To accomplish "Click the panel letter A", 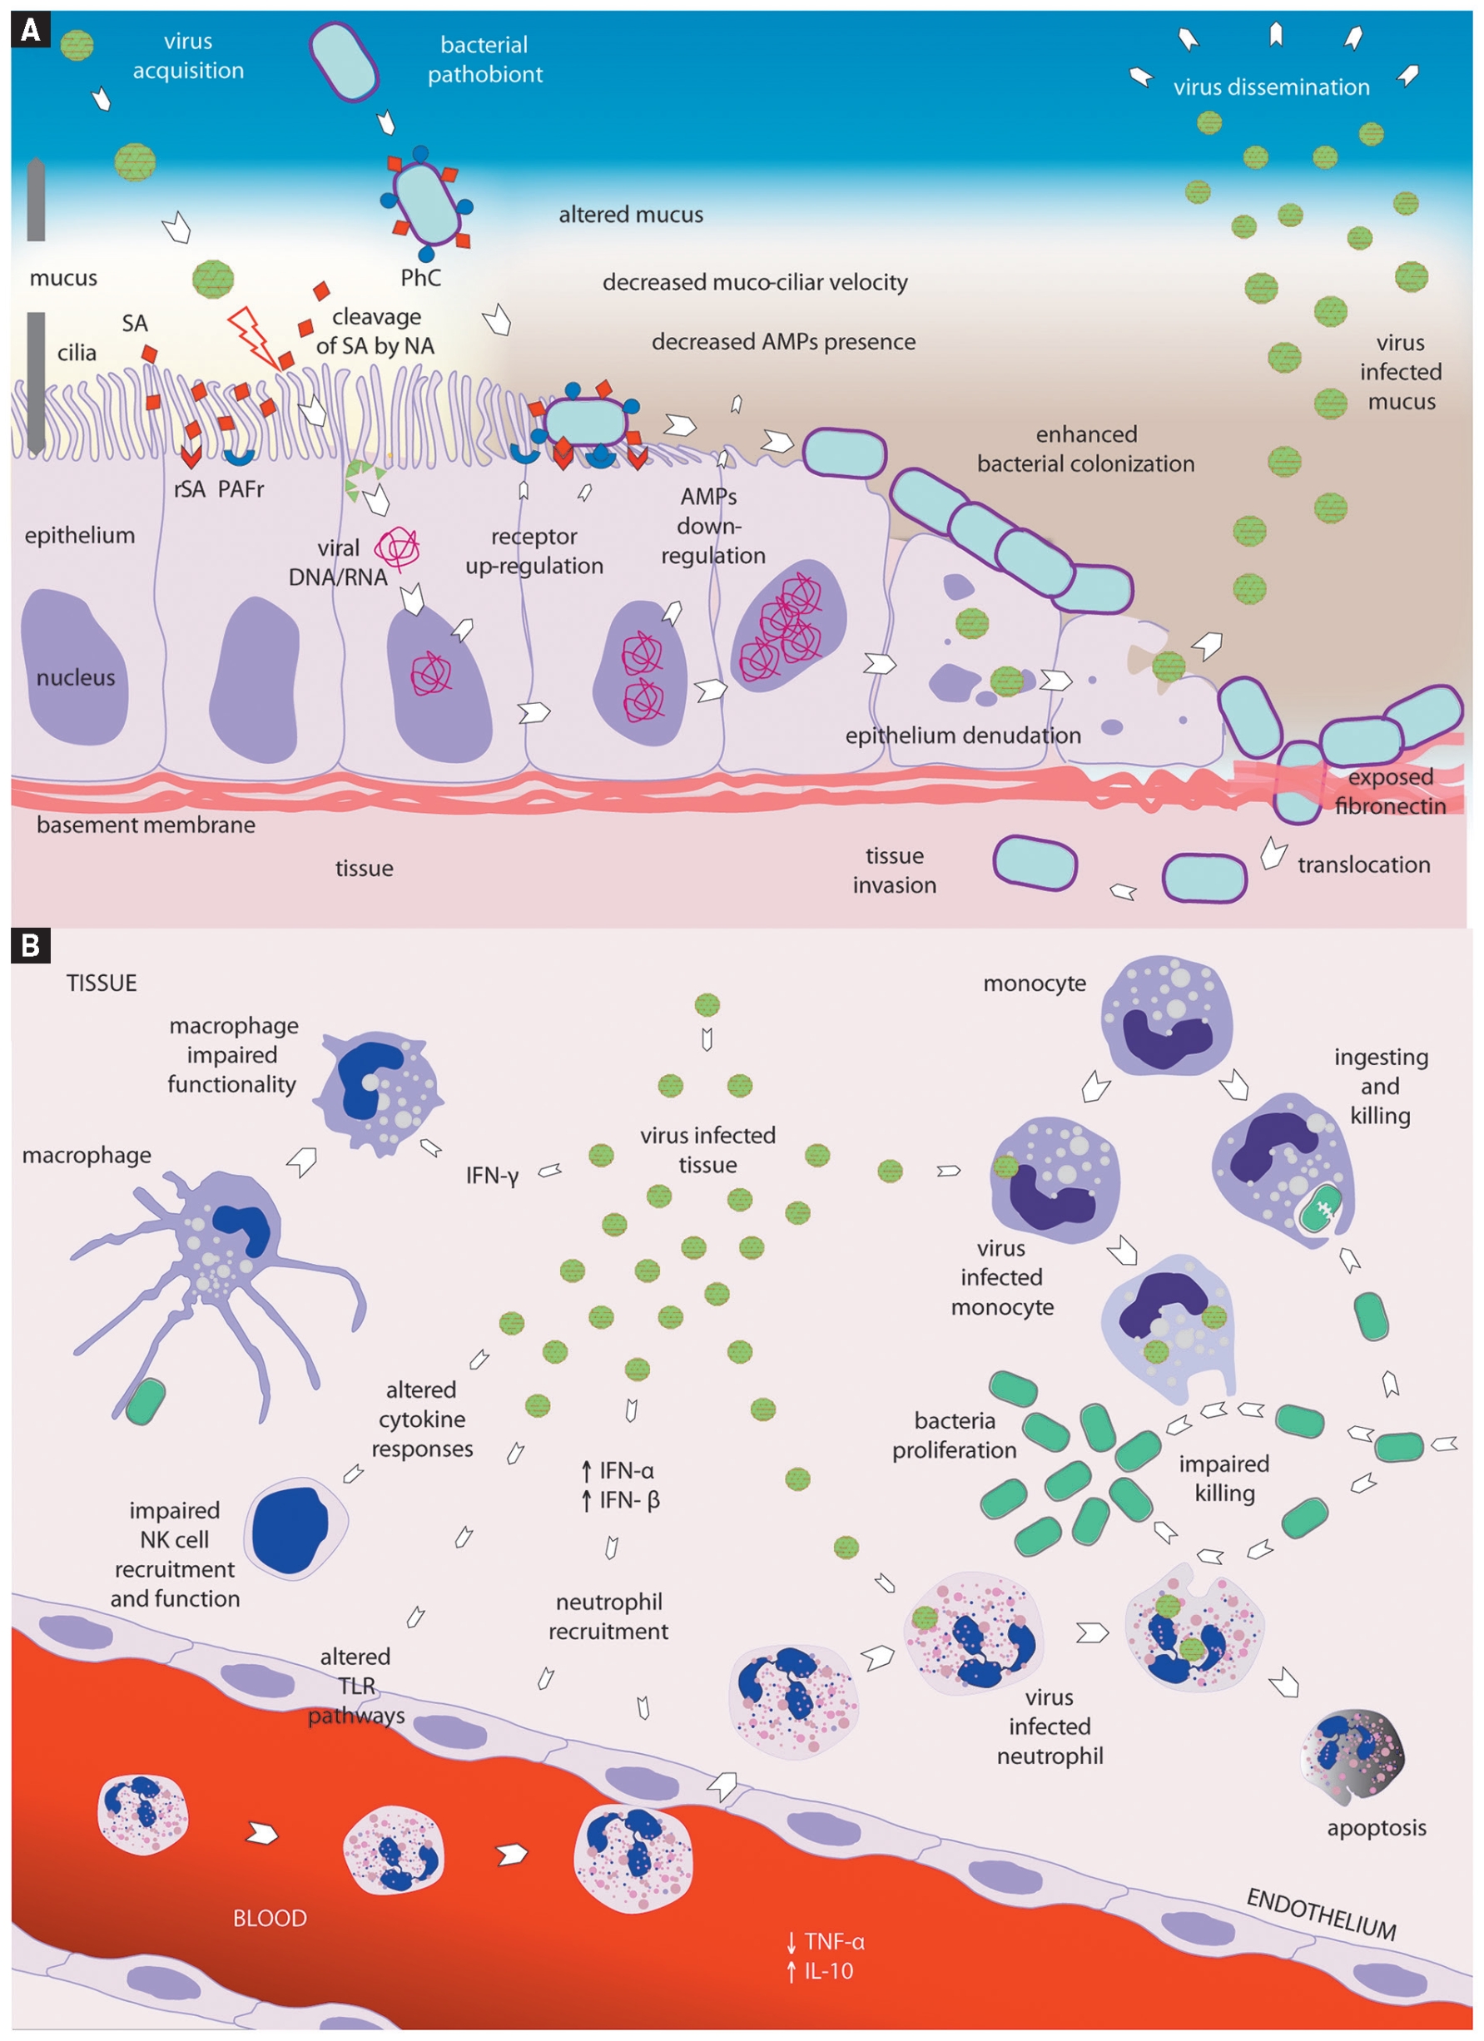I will coord(30,31).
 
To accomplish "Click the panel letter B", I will coord(30,946).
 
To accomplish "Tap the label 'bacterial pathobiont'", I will coord(484,59).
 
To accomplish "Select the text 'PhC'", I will coord(420,278).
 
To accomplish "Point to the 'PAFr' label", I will coord(241,489).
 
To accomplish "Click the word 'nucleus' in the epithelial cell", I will coord(76,677).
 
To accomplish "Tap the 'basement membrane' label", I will coord(146,825).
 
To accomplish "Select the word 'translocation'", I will coord(1363,864).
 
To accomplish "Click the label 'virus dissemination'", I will coord(1271,87).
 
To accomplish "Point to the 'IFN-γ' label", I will coord(492,1176).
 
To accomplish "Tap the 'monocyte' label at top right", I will coord(1034,983).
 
